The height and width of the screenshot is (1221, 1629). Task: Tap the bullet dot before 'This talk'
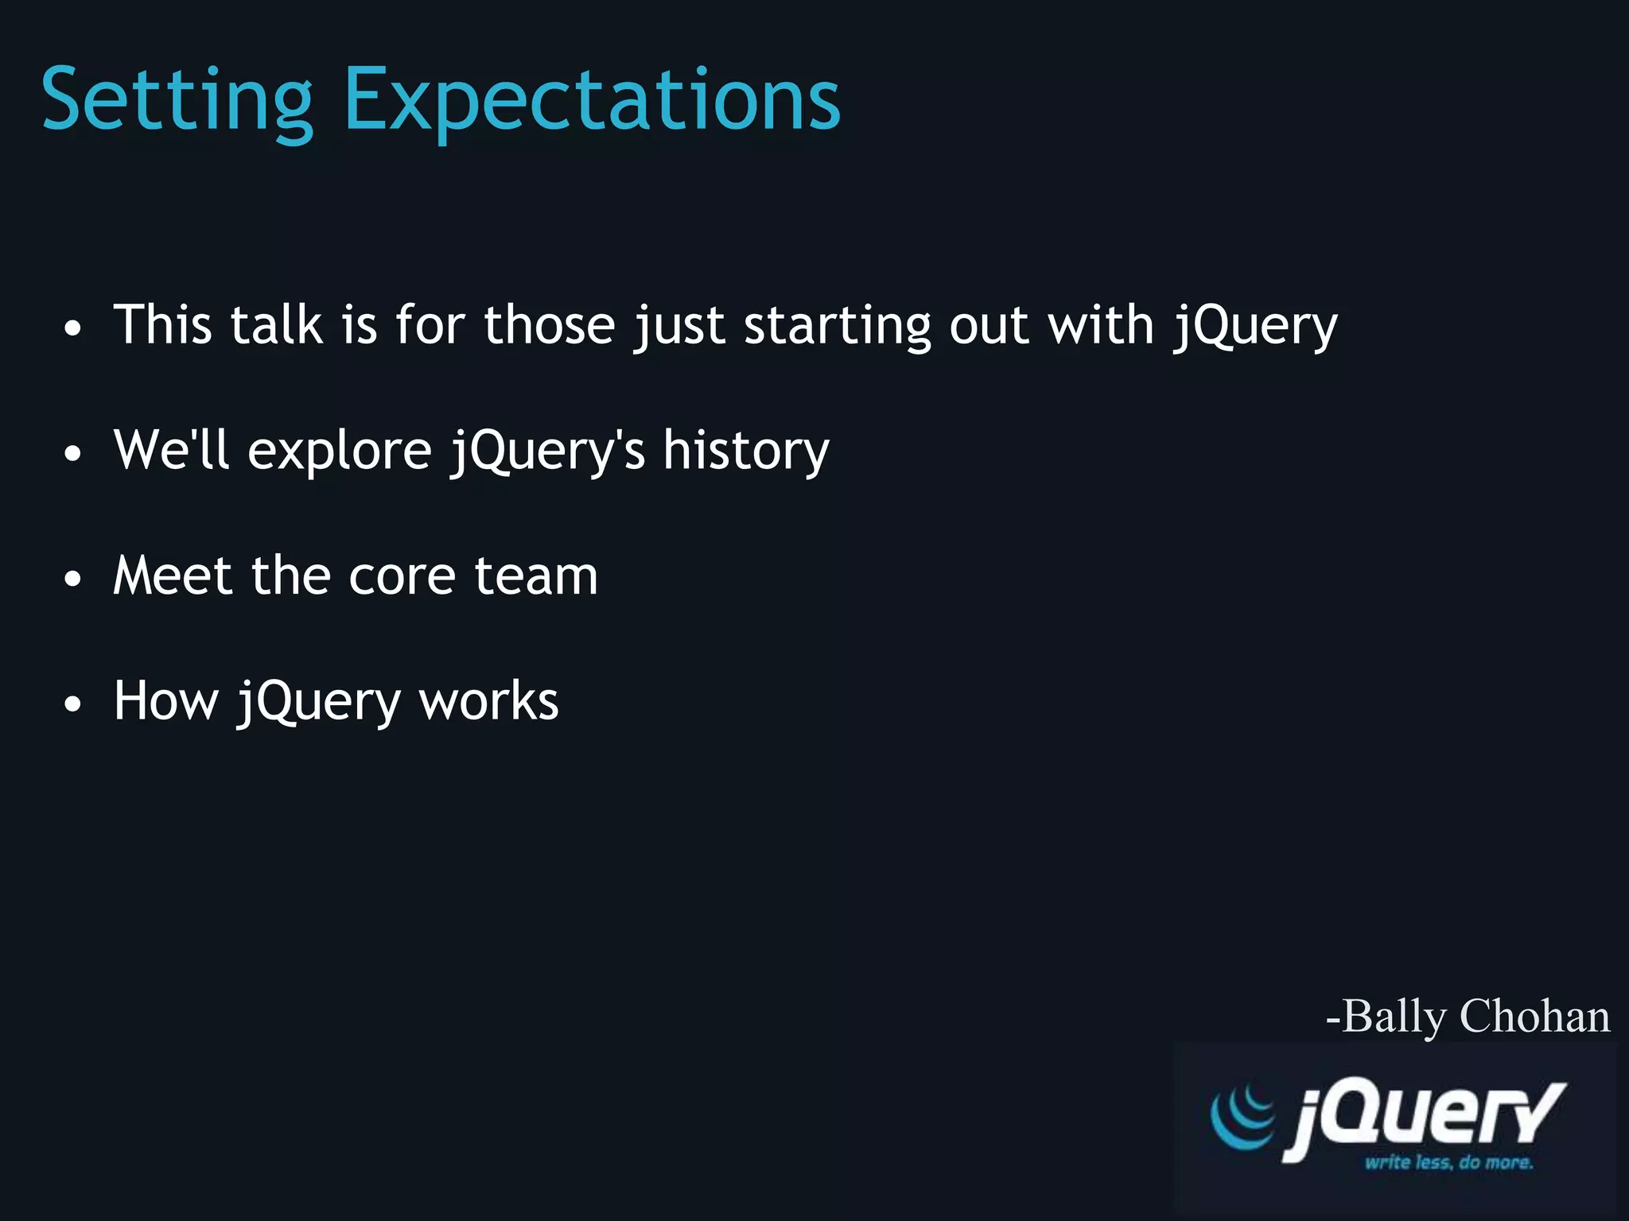[73, 328]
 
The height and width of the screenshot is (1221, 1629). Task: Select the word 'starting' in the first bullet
[837, 326]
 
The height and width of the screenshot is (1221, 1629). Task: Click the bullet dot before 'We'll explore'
[73, 454]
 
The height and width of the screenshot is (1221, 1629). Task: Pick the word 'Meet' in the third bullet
[173, 576]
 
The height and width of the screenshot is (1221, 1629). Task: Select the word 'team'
[536, 576]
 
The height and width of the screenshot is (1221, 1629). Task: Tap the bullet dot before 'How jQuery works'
[73, 704]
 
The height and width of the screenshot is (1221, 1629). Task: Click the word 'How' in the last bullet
[165, 701]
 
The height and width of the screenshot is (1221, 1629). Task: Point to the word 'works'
[488, 701]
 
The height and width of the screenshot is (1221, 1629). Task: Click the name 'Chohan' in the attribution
[1534, 1016]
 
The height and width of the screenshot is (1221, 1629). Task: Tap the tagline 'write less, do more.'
[1448, 1162]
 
